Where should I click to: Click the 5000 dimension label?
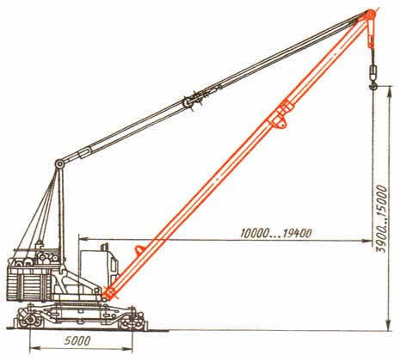pyautogui.click(x=77, y=340)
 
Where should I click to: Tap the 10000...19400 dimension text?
pyautogui.click(x=275, y=233)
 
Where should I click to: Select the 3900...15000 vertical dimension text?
pyautogui.click(x=382, y=219)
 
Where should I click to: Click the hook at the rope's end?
pyautogui.click(x=372, y=85)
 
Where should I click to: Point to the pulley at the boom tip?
pyautogui.click(x=370, y=15)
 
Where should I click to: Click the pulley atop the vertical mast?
pyautogui.click(x=59, y=164)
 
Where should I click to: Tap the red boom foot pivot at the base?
pyautogui.click(x=109, y=293)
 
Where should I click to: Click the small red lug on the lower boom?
pyautogui.click(x=139, y=250)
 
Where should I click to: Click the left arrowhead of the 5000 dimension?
pyautogui.click(x=34, y=349)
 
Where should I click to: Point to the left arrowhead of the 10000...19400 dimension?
pyautogui.click(x=83, y=238)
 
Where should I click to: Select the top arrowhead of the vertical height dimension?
pyautogui.click(x=389, y=91)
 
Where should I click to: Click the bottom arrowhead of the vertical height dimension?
pyautogui.click(x=389, y=325)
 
